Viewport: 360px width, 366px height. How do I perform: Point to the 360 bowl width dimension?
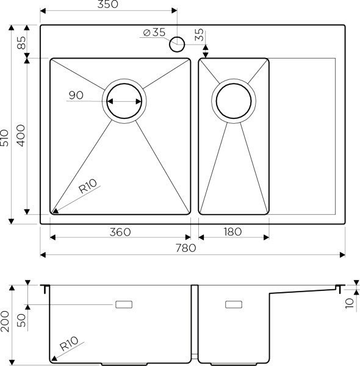[x=120, y=232]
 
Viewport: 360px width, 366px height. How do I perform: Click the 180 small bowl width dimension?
[x=233, y=232]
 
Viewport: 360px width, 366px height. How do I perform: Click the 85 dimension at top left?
[x=21, y=43]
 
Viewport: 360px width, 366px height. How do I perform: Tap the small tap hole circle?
[x=178, y=43]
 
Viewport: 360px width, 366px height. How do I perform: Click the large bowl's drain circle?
[x=125, y=101]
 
